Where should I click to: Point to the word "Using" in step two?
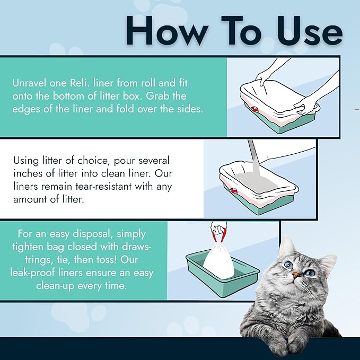[26, 160]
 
